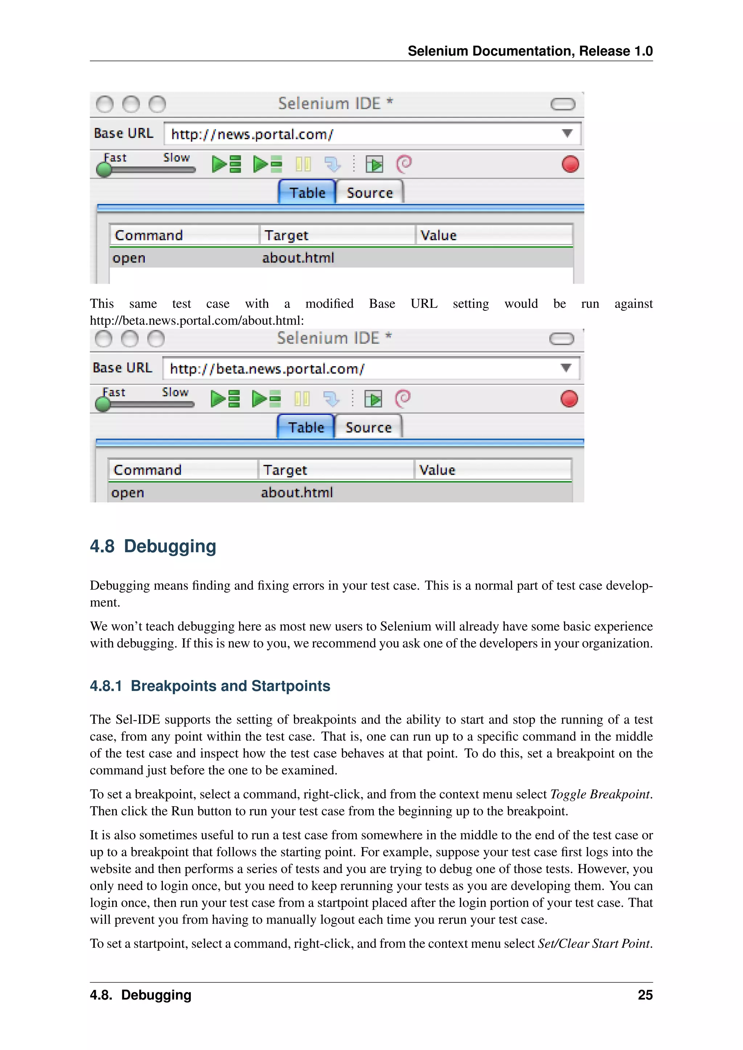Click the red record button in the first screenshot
[x=570, y=164]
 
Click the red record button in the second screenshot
[x=569, y=399]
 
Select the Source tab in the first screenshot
[x=370, y=193]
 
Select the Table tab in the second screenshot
[x=306, y=427]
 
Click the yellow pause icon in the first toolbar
[x=303, y=164]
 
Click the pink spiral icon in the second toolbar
[x=403, y=399]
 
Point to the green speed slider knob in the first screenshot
[x=104, y=170]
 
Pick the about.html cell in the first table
[x=298, y=258]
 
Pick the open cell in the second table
[x=128, y=492]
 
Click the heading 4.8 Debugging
[x=153, y=546]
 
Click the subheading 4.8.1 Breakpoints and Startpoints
[x=210, y=686]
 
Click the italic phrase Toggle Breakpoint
[x=599, y=794]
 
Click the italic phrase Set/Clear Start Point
[x=594, y=944]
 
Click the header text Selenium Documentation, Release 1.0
[x=530, y=51]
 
